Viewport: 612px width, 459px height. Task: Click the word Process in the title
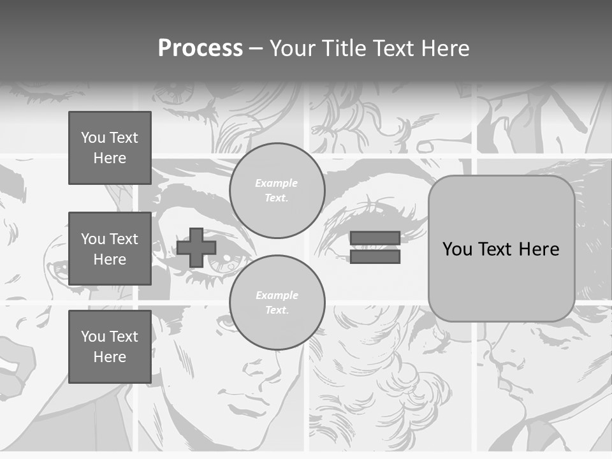(x=200, y=48)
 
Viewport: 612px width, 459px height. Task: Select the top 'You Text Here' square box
(x=110, y=148)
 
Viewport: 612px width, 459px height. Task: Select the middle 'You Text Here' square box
(x=110, y=249)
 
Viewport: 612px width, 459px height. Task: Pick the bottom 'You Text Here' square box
(x=110, y=347)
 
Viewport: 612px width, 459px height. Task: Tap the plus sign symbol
(x=196, y=248)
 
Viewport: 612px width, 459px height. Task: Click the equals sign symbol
(x=375, y=247)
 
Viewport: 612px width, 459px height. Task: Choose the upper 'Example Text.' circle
(x=277, y=191)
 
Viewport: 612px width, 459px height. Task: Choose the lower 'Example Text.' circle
(x=277, y=303)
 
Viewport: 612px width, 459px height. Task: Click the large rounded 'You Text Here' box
(x=501, y=249)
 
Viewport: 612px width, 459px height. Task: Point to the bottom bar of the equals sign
(x=375, y=256)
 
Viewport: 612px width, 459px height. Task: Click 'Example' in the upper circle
(x=276, y=184)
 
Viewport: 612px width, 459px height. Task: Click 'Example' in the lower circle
(x=277, y=296)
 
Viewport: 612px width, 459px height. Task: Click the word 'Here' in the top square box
(x=110, y=158)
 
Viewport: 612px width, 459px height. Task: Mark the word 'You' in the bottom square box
(x=92, y=337)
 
